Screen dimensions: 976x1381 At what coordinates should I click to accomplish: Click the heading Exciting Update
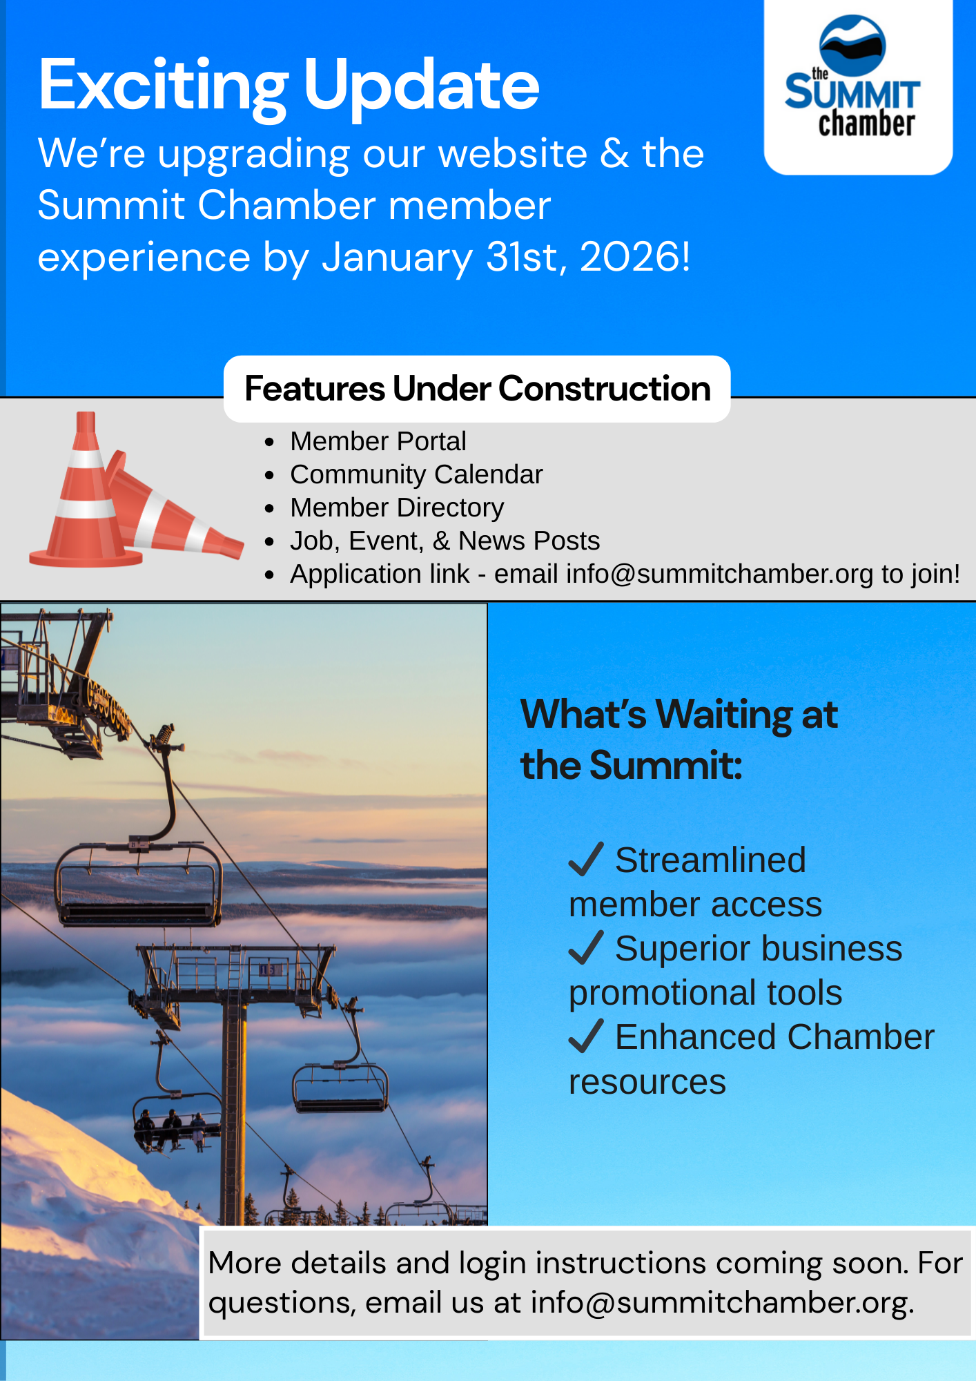289,85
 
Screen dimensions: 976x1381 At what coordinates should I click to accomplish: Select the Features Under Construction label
478,389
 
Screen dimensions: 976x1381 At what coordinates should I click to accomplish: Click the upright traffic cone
84,497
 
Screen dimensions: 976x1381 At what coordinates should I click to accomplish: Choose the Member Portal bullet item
378,441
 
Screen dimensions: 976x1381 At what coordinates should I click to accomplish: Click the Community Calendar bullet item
416,474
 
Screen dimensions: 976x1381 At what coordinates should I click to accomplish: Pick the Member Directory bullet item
397,508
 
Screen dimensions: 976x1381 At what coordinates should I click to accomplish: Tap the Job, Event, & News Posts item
445,541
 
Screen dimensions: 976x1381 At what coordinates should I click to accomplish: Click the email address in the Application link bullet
719,574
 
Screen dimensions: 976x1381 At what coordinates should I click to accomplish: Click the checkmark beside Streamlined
587,859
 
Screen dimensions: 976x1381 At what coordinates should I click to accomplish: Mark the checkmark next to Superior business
587,947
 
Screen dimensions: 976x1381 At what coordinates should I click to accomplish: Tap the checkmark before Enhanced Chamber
587,1036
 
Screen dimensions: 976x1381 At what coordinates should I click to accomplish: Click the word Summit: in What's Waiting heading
666,766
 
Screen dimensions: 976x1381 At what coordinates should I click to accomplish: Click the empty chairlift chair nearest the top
139,884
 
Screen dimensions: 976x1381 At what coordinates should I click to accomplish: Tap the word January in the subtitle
397,258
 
